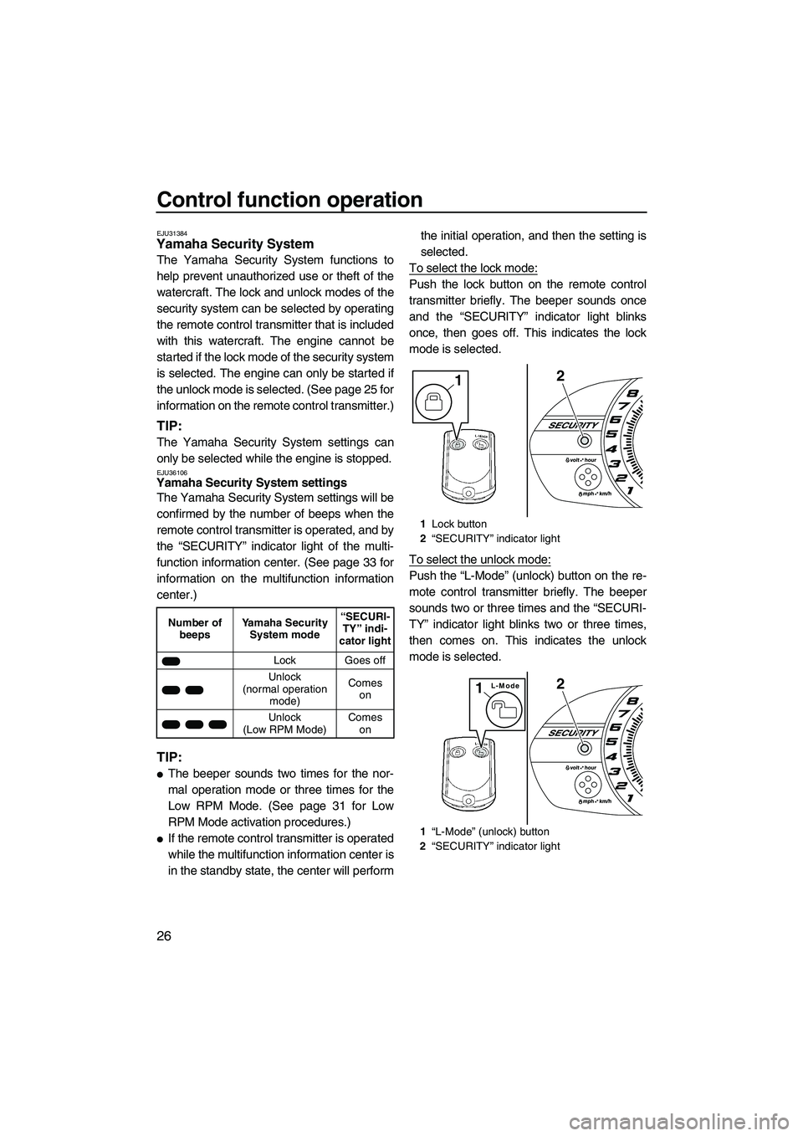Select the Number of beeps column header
(195, 629)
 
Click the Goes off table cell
(366, 661)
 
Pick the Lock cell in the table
(284, 661)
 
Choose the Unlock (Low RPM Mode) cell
(284, 724)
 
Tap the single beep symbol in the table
(171, 661)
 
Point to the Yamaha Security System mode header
(284, 629)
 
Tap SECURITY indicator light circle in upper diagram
(586, 439)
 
